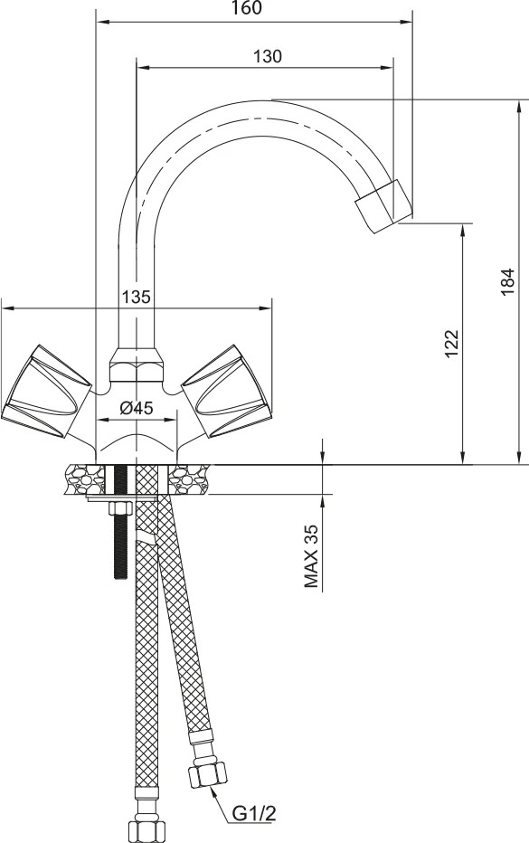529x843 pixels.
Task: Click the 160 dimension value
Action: click(x=247, y=8)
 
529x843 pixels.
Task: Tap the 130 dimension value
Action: click(x=267, y=56)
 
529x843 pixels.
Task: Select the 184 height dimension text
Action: click(x=507, y=281)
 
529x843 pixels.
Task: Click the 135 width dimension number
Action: click(x=136, y=297)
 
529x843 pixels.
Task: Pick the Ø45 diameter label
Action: click(x=136, y=408)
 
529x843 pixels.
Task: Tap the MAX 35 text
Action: click(x=312, y=556)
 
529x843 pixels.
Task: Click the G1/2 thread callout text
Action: click(x=254, y=814)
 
